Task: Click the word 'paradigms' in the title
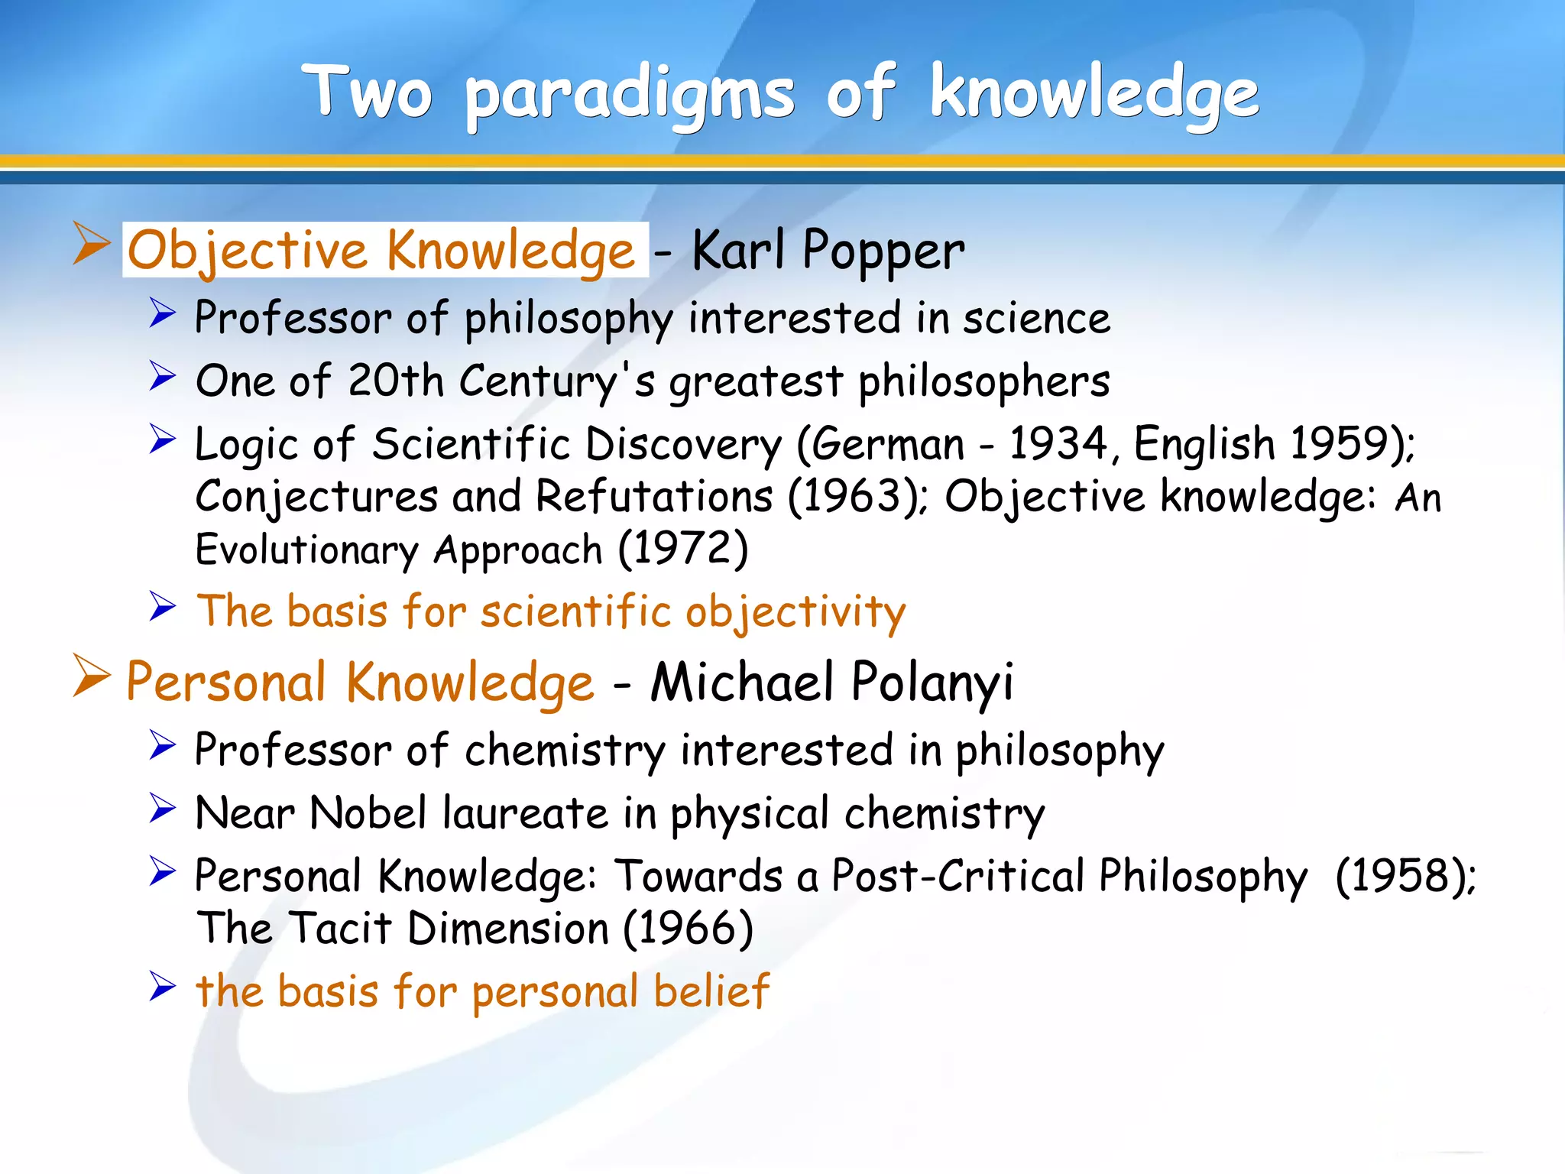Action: click(630, 96)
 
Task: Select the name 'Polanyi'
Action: click(932, 682)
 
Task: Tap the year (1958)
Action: click(1405, 876)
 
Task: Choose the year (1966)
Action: click(688, 929)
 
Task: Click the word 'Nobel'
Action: click(368, 812)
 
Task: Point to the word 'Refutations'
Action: click(654, 497)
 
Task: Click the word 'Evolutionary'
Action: click(307, 550)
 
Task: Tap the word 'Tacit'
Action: click(341, 929)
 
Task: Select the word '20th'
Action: click(395, 381)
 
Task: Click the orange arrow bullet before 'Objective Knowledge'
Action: click(91, 244)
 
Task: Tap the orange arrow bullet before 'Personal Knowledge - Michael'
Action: click(91, 676)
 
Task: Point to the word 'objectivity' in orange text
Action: click(795, 612)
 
